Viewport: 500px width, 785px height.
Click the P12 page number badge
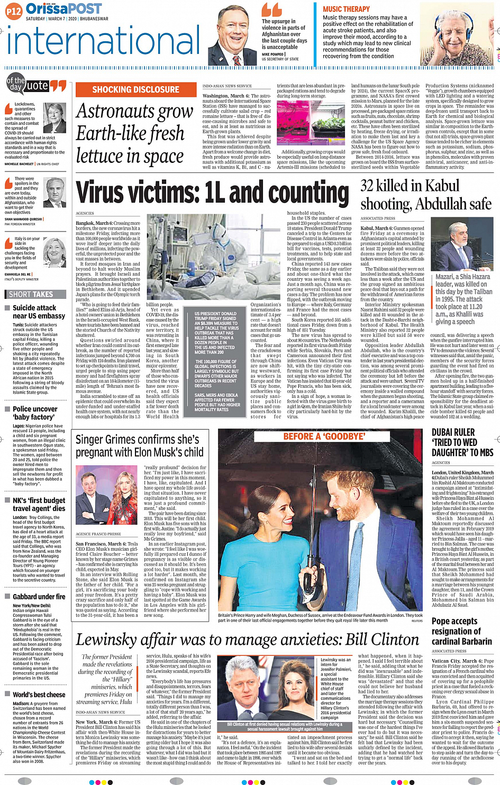pos(14,11)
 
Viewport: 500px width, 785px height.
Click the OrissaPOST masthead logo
pos(63,8)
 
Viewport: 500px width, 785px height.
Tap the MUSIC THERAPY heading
pos(346,9)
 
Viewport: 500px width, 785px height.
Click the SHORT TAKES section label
pos(31,294)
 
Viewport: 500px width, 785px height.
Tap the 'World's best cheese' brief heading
pos(39,695)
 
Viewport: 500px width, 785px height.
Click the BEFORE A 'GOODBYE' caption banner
pos(324,436)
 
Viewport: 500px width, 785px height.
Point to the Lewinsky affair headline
pos(247,640)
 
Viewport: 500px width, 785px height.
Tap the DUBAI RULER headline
pos(462,443)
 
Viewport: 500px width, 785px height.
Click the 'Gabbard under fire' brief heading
pos(39,597)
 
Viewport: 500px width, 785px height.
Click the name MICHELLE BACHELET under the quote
pos(19,164)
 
